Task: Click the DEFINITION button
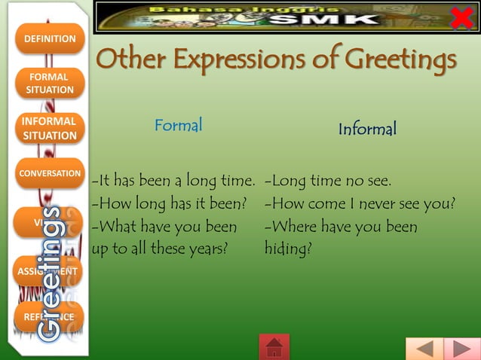[50, 38]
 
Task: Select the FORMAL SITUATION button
[50, 83]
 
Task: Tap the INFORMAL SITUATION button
[50, 128]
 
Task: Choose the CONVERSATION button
[50, 173]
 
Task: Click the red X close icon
[461, 17]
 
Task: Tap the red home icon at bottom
[274, 347]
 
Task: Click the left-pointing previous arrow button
[424, 349]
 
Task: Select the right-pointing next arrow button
[461, 349]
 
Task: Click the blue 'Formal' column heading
[179, 125]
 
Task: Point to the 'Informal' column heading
[367, 130]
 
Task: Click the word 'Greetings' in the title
[399, 59]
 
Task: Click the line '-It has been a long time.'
[173, 182]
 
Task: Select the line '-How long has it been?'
[170, 204]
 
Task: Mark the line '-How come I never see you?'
[360, 204]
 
